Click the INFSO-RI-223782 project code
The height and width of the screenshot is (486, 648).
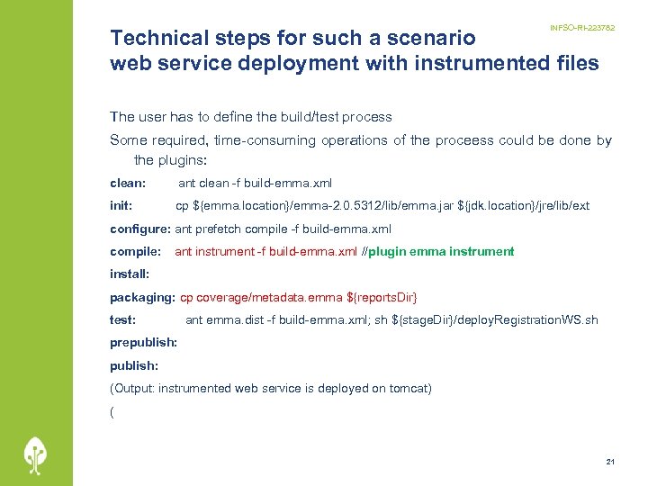[x=582, y=28]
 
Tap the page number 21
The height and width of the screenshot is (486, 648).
[x=610, y=462]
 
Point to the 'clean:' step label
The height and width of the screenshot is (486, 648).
[x=128, y=183]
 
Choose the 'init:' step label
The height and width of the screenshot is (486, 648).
[x=121, y=206]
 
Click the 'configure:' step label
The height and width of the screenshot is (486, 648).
[x=140, y=229]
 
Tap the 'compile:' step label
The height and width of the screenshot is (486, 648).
[x=135, y=252]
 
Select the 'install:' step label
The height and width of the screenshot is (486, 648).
[x=130, y=273]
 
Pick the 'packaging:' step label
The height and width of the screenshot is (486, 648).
[x=142, y=297]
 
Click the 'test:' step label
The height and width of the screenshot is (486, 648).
[x=123, y=319]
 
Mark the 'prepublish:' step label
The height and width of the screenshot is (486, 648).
[x=143, y=343]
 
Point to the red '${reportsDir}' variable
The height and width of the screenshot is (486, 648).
[x=382, y=297]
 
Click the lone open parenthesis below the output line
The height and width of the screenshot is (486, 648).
[x=112, y=411]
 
